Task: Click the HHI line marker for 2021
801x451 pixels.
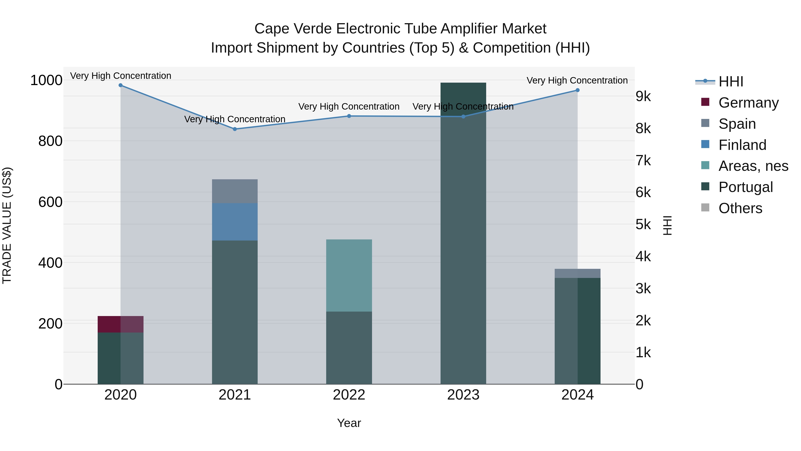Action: pyautogui.click(x=235, y=129)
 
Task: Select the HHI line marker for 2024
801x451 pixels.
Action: pyautogui.click(x=577, y=90)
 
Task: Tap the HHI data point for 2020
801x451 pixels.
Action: pyautogui.click(x=121, y=85)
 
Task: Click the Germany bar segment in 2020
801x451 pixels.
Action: pyautogui.click(x=121, y=324)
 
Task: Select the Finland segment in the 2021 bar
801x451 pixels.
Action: pyautogui.click(x=235, y=222)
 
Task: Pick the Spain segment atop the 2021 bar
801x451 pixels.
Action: pyautogui.click(x=235, y=191)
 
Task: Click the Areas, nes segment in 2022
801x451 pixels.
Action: pyautogui.click(x=349, y=275)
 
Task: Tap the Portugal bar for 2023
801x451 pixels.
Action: pyautogui.click(x=463, y=233)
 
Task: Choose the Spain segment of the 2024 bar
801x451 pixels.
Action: pyautogui.click(x=577, y=273)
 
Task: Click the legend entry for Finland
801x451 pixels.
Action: pyautogui.click(x=742, y=145)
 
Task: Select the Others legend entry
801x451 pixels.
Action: pyautogui.click(x=740, y=208)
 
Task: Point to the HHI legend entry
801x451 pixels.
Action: pyautogui.click(x=731, y=82)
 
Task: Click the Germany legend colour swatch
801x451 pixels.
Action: pyautogui.click(x=705, y=102)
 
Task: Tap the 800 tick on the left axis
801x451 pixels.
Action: pyautogui.click(x=50, y=141)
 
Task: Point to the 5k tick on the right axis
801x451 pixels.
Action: pyautogui.click(x=643, y=224)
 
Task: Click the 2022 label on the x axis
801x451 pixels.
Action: pyautogui.click(x=349, y=395)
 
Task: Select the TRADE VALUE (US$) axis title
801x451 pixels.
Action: pyautogui.click(x=7, y=225)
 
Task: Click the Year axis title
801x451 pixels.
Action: pyautogui.click(x=349, y=423)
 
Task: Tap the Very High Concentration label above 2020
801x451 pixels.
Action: pyautogui.click(x=121, y=76)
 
